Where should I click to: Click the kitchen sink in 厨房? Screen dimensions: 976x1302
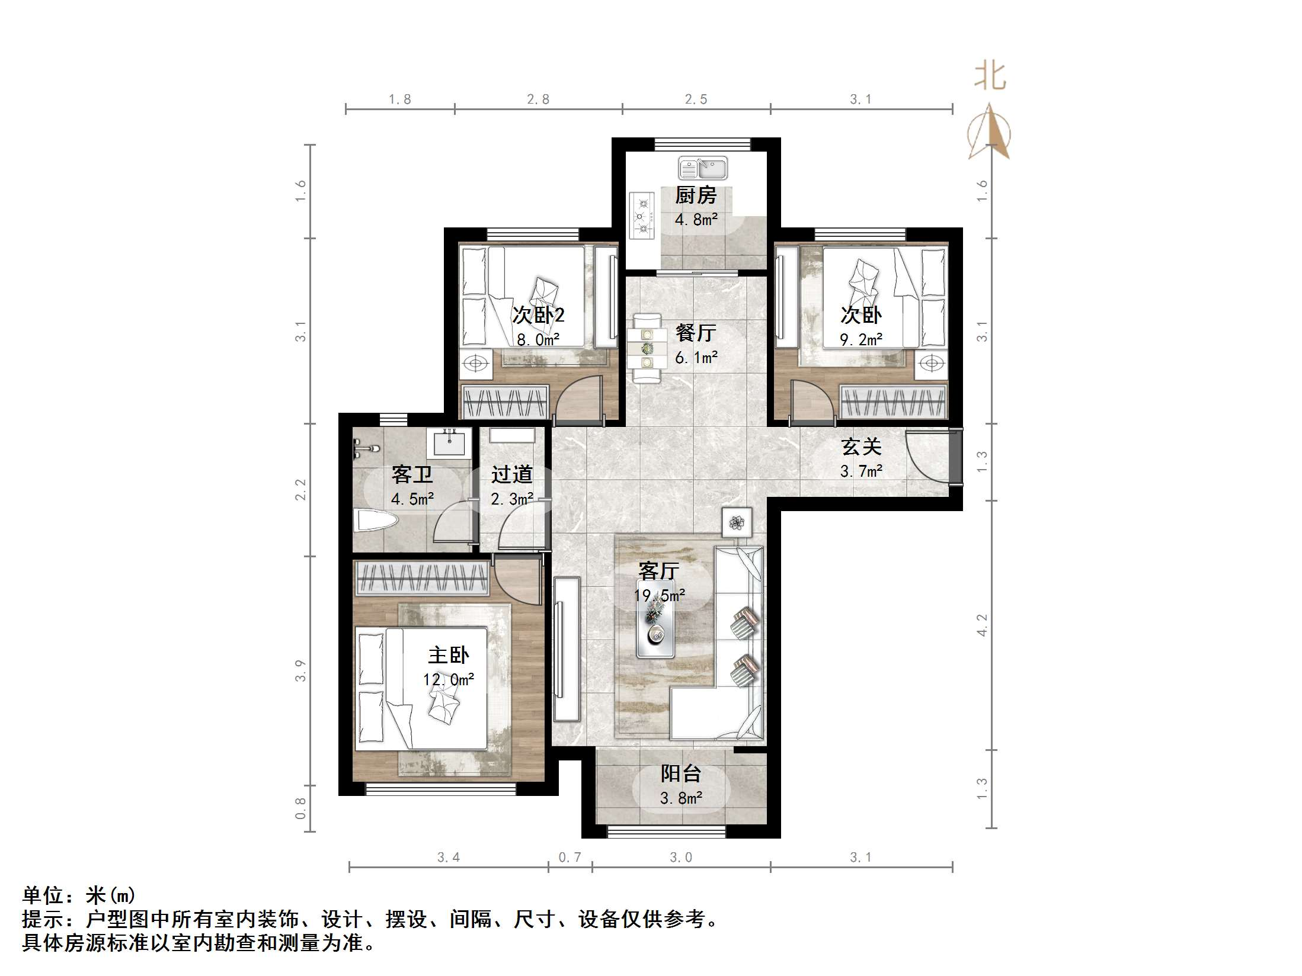[703, 168]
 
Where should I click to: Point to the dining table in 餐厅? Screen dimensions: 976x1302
[646, 349]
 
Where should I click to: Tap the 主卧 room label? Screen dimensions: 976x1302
[449, 655]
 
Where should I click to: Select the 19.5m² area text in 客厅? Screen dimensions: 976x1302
[660, 595]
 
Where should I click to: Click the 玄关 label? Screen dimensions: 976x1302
[861, 447]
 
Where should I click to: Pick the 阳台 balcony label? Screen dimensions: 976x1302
[681, 773]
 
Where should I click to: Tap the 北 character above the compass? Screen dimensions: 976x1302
[990, 76]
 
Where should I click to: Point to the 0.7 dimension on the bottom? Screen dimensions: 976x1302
[570, 857]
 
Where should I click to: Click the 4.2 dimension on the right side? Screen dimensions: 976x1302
[982, 625]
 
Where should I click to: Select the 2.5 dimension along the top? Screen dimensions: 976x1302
[696, 99]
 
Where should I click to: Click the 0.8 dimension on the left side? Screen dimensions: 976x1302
[300, 808]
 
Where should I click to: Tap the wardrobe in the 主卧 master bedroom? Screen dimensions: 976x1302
[422, 578]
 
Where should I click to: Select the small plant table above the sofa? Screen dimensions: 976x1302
[737, 522]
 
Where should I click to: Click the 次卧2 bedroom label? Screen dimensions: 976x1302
[538, 314]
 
